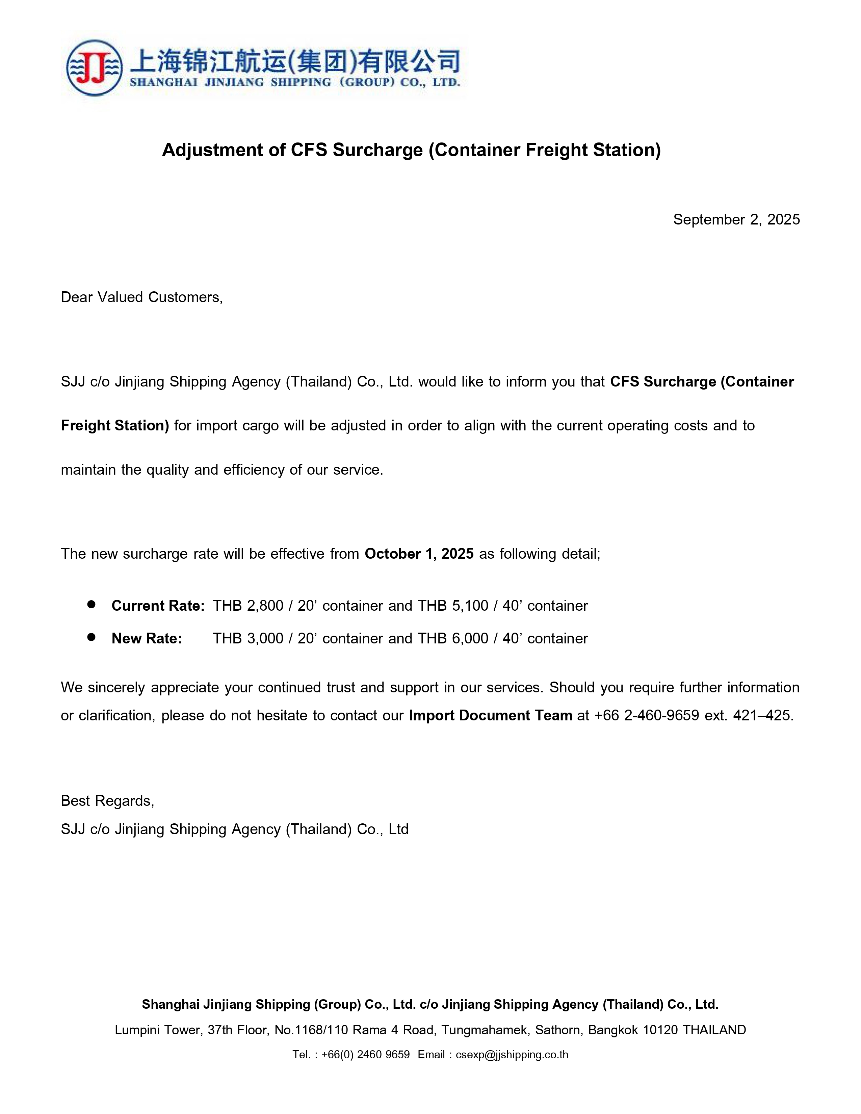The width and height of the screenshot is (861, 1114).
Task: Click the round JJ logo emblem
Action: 94,68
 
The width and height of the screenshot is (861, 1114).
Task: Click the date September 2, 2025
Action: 736,219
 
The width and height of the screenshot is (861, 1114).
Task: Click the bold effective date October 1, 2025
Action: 419,554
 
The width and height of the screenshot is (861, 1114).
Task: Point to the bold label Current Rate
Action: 158,606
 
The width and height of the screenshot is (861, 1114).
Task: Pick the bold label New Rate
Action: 147,639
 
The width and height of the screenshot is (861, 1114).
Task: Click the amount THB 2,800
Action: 248,606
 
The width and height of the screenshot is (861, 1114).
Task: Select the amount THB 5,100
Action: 453,606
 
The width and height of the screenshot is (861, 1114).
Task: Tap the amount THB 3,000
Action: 248,639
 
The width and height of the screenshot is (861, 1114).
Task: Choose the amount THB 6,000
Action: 453,639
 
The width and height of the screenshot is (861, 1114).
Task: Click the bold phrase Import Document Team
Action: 490,716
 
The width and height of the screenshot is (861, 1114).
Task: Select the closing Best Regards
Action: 107,801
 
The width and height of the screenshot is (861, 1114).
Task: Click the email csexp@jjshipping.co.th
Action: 512,1055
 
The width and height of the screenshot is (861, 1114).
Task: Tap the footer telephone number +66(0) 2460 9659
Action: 365,1055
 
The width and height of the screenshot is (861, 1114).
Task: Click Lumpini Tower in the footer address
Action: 159,1030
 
